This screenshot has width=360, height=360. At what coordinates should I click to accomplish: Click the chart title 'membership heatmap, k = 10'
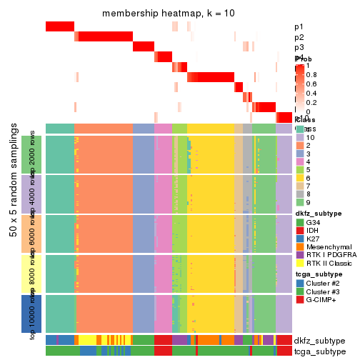click(x=169, y=14)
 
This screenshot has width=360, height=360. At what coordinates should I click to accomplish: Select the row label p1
click(x=299, y=27)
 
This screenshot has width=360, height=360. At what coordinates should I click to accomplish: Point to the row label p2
click(x=299, y=37)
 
